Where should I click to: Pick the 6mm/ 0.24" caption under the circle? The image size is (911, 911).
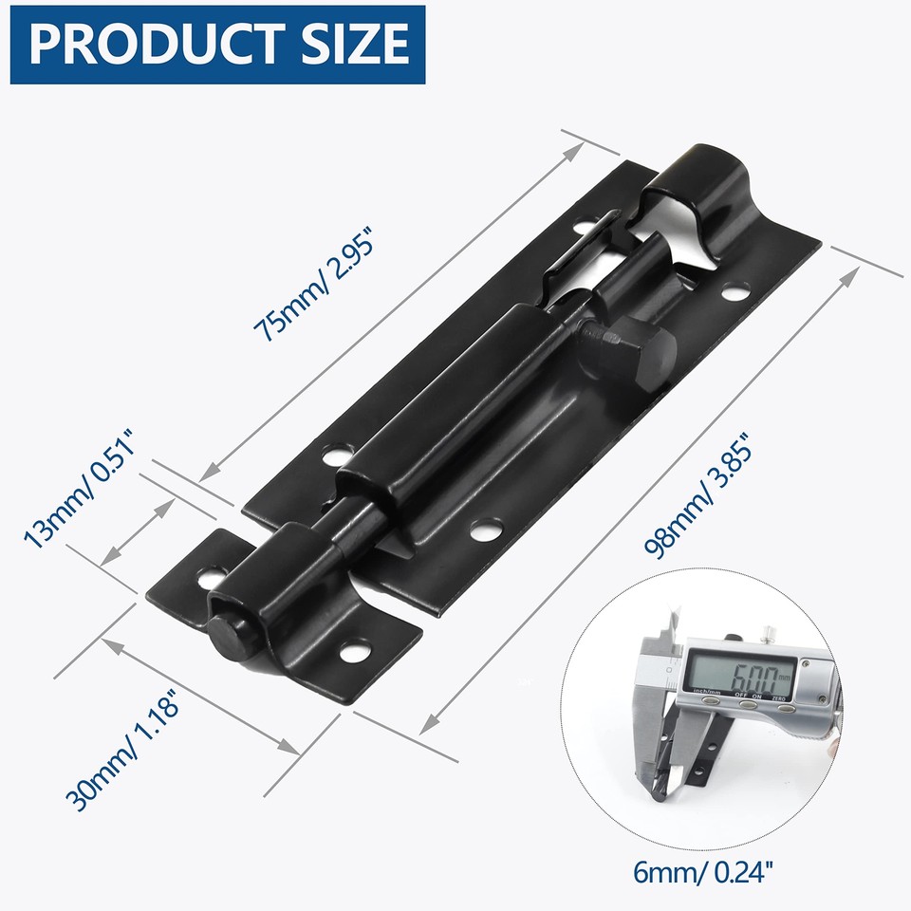[701, 868]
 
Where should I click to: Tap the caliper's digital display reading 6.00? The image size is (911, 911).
[734, 677]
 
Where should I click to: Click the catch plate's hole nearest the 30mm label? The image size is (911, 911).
[356, 652]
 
